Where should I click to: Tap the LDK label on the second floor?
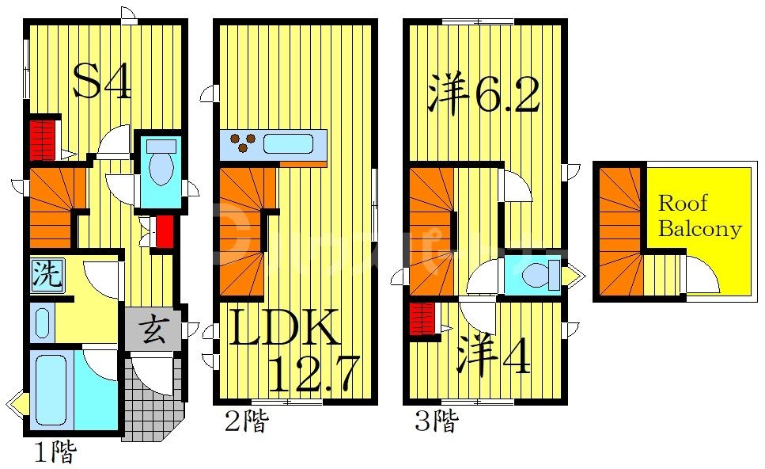(x=285, y=327)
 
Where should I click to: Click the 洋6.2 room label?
(x=483, y=95)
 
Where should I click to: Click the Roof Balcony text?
(x=699, y=215)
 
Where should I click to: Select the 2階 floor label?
(x=244, y=421)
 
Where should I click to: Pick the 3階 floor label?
(x=436, y=421)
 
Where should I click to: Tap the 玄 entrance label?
(x=153, y=330)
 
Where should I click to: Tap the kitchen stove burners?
(x=244, y=143)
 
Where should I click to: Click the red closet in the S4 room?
(x=44, y=139)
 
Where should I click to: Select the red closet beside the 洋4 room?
(x=423, y=319)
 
